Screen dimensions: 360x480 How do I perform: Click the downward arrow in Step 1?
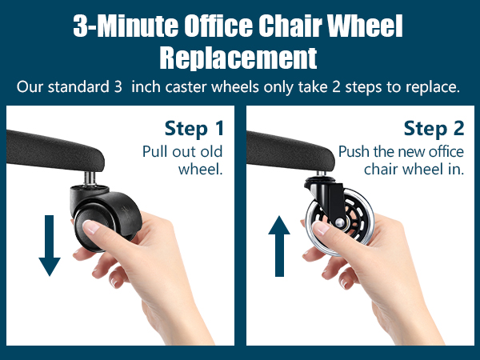coord(50,245)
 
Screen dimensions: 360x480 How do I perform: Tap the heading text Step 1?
coord(194,129)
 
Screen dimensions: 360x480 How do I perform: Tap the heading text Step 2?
coord(432,129)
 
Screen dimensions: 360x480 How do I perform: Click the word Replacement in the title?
coord(238,58)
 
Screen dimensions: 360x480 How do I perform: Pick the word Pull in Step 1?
coord(155,152)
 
